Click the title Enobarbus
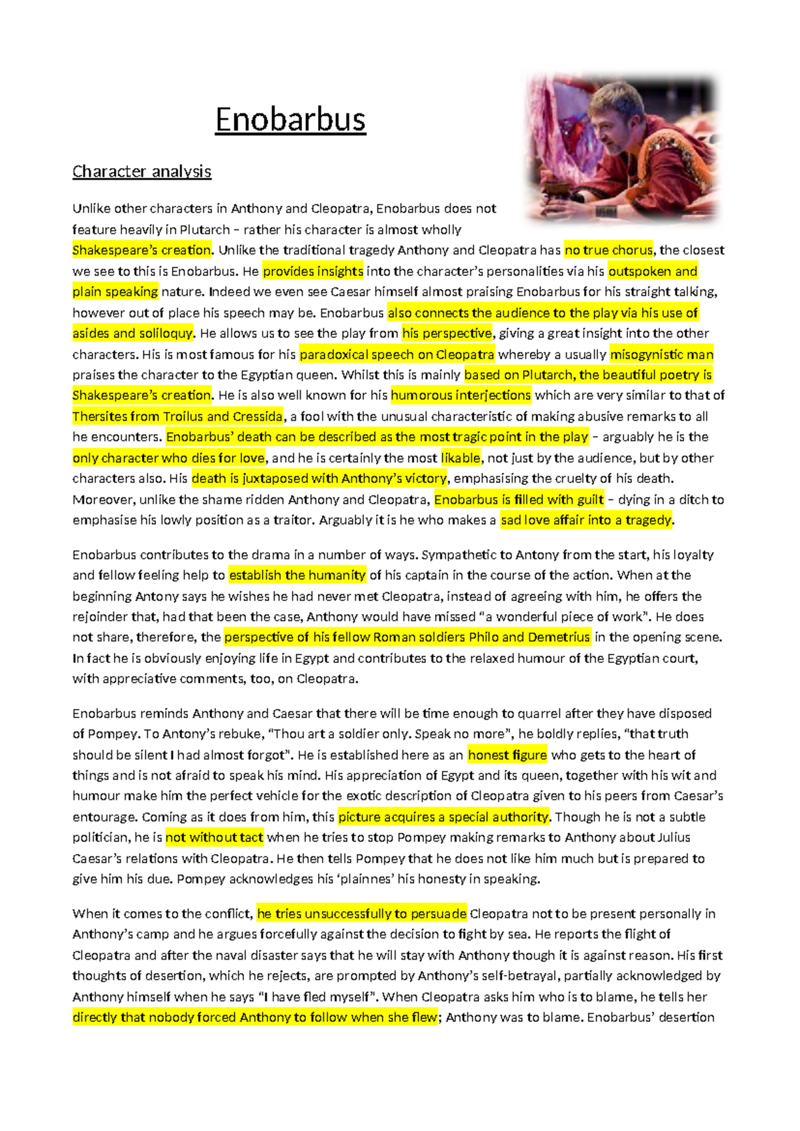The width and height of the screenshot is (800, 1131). pos(290,120)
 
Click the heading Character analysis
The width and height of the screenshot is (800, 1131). pos(141,171)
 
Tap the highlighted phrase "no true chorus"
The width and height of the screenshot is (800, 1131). pos(608,250)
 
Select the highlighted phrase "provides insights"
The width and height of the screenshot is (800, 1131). pos(313,271)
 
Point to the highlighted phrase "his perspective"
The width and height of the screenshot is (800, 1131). pos(447,333)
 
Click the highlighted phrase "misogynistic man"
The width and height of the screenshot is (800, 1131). pos(661,354)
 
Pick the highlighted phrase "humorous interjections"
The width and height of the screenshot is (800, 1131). pos(461,395)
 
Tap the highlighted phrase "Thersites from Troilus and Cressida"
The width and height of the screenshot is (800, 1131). pos(177,416)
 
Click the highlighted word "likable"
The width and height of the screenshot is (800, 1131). pos(461,457)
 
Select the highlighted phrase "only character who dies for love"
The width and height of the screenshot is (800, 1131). pos(169,457)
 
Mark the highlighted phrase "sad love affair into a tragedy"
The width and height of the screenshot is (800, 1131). pos(587,519)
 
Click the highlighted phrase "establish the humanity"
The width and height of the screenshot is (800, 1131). pos(297,575)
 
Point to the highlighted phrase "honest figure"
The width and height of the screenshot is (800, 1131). pos(507,755)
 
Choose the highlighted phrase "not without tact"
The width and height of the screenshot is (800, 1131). pos(214,837)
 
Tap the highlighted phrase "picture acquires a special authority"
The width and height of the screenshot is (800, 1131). pos(443,816)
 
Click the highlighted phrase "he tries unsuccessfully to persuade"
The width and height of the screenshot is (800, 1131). pos(362,914)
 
